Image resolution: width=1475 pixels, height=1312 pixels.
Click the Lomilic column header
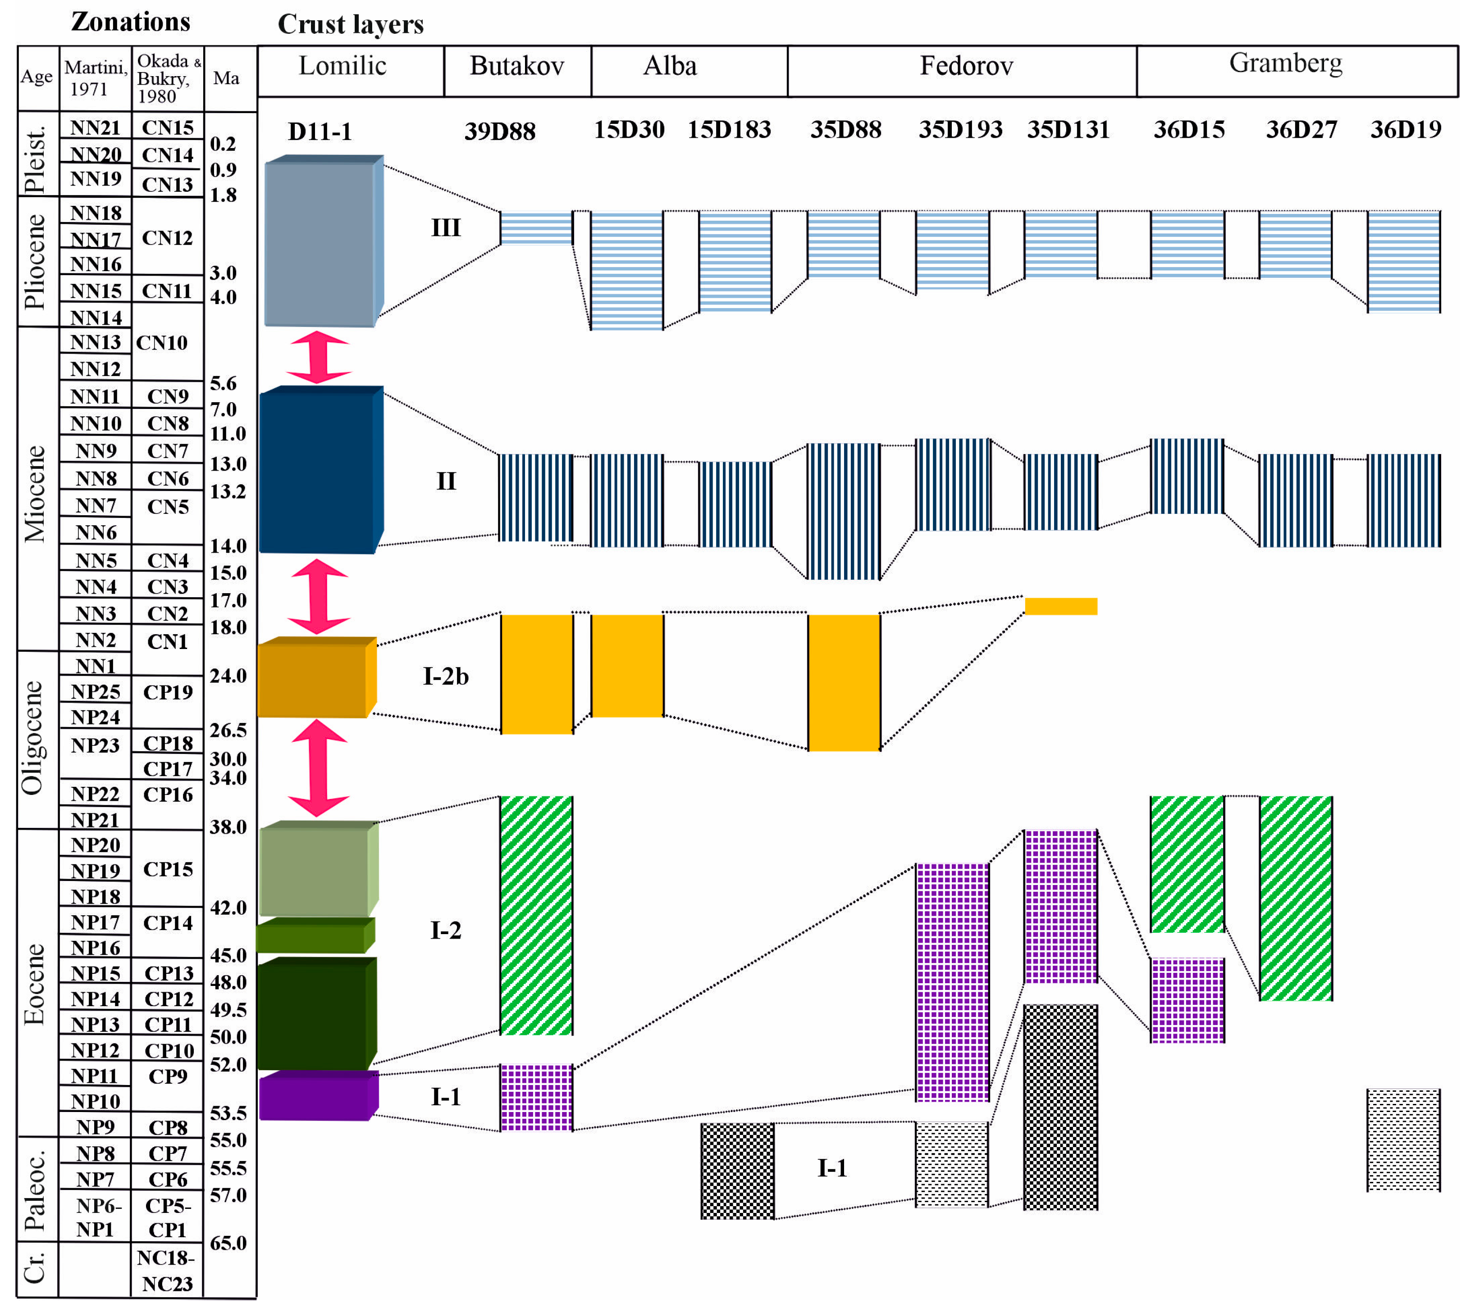point(343,66)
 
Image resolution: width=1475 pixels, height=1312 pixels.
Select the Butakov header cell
point(517,66)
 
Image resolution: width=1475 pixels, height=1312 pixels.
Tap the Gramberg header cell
point(1285,64)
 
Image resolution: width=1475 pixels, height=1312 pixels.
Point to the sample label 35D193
point(960,130)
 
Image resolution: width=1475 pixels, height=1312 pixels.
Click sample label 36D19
point(1405,130)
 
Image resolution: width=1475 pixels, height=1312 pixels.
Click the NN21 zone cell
point(95,127)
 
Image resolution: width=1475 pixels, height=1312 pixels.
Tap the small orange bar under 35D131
point(1061,606)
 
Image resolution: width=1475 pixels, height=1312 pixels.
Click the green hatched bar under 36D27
point(1295,898)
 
